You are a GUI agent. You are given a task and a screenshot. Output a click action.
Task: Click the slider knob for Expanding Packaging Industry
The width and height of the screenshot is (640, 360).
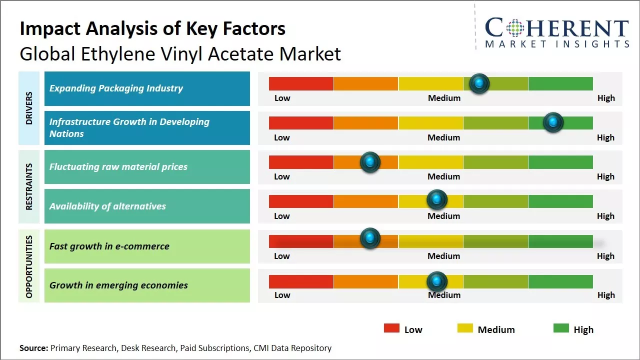479,83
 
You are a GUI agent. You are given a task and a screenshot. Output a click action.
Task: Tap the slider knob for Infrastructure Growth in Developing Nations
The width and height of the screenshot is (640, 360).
553,122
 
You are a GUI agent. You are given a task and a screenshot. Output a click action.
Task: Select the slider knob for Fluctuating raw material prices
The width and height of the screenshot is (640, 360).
370,162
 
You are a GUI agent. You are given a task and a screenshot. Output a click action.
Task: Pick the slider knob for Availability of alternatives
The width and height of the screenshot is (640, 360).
436,200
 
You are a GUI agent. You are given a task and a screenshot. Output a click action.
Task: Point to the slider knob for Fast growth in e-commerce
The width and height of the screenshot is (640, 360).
370,238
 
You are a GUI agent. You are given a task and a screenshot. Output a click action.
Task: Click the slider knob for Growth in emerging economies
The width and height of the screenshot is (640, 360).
436,281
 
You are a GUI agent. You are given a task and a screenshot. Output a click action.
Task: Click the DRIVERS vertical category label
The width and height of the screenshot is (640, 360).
29,108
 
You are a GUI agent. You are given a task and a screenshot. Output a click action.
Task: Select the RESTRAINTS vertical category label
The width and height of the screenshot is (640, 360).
29,186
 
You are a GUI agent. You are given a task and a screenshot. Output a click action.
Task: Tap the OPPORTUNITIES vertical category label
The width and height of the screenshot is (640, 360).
29,266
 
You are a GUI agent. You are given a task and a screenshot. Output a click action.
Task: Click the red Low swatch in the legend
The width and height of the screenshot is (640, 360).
391,328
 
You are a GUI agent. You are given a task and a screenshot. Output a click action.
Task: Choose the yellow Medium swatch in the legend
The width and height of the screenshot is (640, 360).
465,328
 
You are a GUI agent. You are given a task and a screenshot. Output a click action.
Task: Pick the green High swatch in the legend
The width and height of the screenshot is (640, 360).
561,328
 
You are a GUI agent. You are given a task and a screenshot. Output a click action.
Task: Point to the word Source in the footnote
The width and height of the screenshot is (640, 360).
33,348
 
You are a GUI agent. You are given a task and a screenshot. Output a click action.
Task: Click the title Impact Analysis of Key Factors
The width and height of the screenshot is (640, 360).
152,29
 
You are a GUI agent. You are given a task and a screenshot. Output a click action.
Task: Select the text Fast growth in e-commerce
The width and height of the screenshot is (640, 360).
109,246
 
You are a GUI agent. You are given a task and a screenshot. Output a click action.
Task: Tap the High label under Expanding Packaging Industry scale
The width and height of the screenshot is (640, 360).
606,98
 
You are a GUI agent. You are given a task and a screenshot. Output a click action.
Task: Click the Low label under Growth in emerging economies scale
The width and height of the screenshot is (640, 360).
282,295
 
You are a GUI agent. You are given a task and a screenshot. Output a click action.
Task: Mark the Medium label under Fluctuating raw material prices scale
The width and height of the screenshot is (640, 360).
444,176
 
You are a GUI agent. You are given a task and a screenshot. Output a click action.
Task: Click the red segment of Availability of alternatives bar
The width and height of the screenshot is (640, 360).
301,201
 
